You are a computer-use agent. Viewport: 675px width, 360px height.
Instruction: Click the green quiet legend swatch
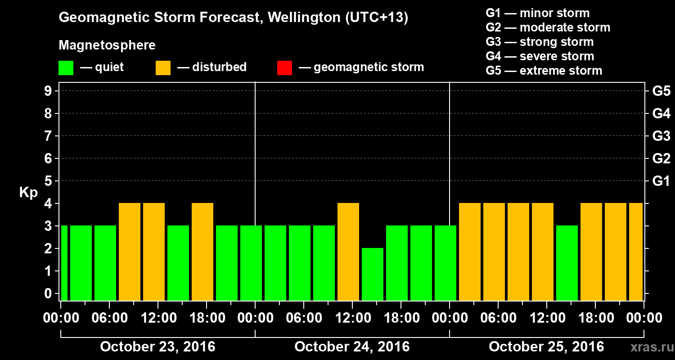pyautogui.click(x=66, y=67)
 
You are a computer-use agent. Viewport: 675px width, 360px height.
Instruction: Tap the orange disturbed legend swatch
pyautogui.click(x=163, y=67)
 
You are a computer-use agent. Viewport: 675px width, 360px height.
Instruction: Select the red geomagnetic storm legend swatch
pyautogui.click(x=284, y=67)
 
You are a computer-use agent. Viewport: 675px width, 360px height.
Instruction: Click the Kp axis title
pyautogui.click(x=28, y=193)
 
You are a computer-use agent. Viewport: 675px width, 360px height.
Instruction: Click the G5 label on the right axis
pyautogui.click(x=661, y=91)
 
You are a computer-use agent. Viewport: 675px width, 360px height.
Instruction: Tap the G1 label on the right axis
pyautogui.click(x=661, y=181)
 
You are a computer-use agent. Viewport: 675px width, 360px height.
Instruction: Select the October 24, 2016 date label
pyautogui.click(x=352, y=347)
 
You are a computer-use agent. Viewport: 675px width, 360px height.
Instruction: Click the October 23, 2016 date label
pyautogui.click(x=157, y=347)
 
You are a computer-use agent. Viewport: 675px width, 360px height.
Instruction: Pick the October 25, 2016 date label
pyautogui.click(x=546, y=347)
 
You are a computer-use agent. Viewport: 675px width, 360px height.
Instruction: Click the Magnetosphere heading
pyautogui.click(x=107, y=45)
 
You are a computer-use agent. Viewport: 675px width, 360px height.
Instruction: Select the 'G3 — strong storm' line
pyautogui.click(x=540, y=42)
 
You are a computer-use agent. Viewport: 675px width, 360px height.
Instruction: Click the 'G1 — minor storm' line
pyautogui.click(x=537, y=13)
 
